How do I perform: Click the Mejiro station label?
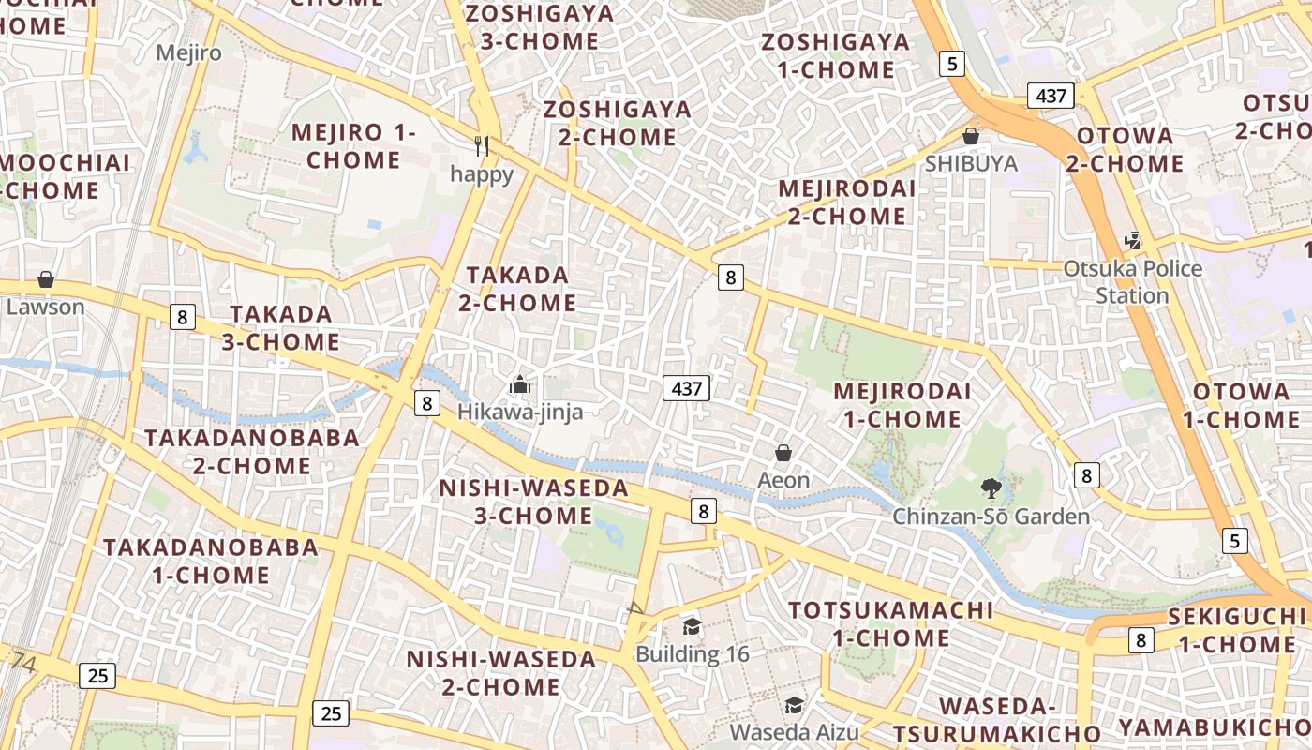pyautogui.click(x=189, y=52)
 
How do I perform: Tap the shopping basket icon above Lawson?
pyautogui.click(x=45, y=279)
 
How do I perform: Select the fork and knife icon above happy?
pyautogui.click(x=482, y=145)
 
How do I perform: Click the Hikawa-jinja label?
pyautogui.click(x=520, y=412)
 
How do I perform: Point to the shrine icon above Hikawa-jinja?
pyautogui.click(x=520, y=384)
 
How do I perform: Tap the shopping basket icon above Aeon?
pyautogui.click(x=783, y=454)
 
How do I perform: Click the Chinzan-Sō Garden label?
pyautogui.click(x=991, y=517)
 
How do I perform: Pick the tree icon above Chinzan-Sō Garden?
pyautogui.click(x=991, y=487)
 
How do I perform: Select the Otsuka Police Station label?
pyautogui.click(x=1132, y=282)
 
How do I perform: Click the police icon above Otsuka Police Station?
pyautogui.click(x=1133, y=240)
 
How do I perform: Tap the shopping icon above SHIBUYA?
pyautogui.click(x=971, y=136)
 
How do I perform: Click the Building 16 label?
pyautogui.click(x=693, y=653)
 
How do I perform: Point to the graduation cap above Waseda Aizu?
pyautogui.click(x=794, y=705)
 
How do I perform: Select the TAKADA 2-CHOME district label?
pyautogui.click(x=517, y=289)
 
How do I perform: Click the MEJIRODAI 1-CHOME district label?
pyautogui.click(x=902, y=404)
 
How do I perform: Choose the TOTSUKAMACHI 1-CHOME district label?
pyautogui.click(x=890, y=623)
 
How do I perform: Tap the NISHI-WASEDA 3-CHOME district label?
pyautogui.click(x=534, y=502)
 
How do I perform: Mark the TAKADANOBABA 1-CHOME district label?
pyautogui.click(x=210, y=561)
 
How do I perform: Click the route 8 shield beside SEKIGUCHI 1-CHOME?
pyautogui.click(x=1140, y=640)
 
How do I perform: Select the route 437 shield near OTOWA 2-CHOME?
pyautogui.click(x=1051, y=96)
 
